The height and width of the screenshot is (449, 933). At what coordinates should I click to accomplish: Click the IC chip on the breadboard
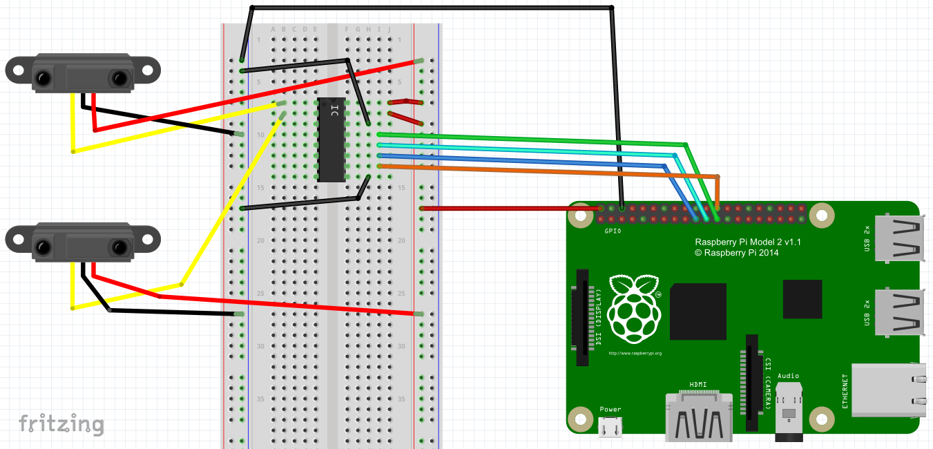[x=331, y=140]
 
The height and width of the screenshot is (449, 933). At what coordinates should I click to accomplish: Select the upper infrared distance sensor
[x=82, y=73]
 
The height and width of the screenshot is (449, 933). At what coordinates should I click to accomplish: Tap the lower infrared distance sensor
[x=82, y=241]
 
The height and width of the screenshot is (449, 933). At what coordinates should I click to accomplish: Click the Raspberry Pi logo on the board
[x=633, y=309]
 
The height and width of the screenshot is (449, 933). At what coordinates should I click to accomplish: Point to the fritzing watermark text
[x=61, y=423]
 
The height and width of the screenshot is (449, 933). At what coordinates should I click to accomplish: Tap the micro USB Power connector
[x=610, y=428]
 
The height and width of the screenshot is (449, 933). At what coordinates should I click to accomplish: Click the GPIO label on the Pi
[x=612, y=231]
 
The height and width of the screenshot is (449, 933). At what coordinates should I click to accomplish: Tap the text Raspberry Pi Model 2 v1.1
[x=747, y=242]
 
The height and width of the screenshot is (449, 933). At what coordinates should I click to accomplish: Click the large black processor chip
[x=698, y=311]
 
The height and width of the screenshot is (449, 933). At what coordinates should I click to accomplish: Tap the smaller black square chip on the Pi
[x=802, y=299]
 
